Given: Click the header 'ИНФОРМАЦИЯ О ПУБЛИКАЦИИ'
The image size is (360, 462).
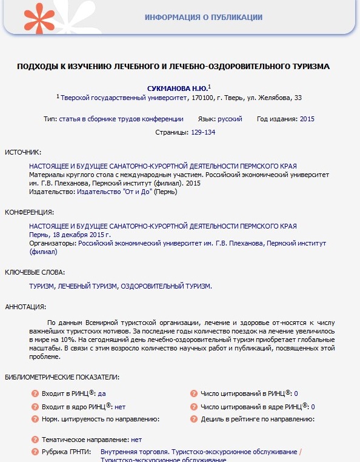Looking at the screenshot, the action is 204,17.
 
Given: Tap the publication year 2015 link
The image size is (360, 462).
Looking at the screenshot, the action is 307,119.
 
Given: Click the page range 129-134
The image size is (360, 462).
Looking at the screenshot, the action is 203,132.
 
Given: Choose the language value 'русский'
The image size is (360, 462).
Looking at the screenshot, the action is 230,119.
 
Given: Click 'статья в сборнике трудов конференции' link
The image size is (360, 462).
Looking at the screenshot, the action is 121,119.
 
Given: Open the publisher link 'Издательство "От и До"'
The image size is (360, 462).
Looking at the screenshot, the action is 115,192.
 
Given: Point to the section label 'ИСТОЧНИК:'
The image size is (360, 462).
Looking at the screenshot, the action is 23,152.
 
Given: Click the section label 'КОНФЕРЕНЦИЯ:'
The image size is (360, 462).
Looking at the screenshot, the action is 29,213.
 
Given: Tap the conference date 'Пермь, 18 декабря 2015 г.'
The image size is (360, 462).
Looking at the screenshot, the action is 70,235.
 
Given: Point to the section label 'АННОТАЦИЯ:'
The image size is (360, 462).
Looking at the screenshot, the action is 25,307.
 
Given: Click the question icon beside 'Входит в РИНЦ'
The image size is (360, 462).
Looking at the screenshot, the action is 35,393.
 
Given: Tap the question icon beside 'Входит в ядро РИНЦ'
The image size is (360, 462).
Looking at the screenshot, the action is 35,406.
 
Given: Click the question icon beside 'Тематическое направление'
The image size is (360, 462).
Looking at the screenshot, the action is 35,440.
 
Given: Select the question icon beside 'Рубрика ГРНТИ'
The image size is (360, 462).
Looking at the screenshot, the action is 35,452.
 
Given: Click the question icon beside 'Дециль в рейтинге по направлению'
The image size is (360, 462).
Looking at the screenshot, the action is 194,419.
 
